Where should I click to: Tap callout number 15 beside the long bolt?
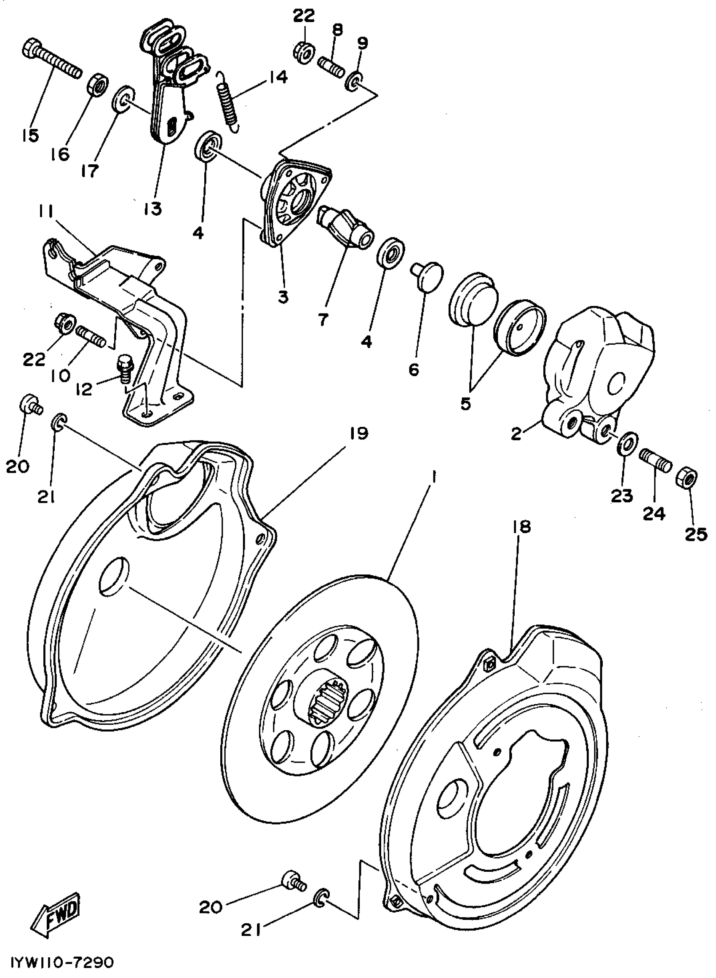29,135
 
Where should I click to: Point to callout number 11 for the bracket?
45,212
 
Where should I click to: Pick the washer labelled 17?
123,99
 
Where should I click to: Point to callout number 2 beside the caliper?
516,434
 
